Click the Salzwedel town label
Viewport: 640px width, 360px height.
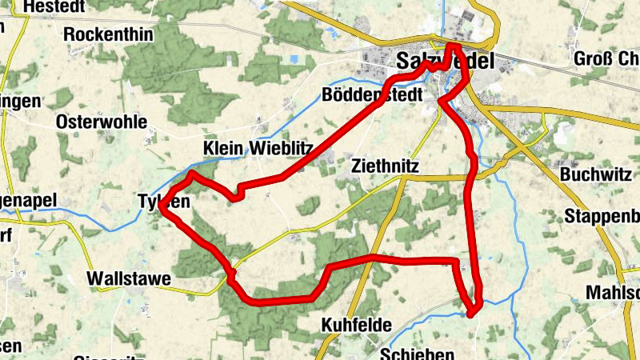click(x=445, y=61)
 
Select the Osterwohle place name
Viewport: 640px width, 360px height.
click(x=102, y=122)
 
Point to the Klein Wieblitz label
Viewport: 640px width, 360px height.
click(x=258, y=148)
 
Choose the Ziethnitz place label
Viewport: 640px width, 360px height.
click(x=385, y=166)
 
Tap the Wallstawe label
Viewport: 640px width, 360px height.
click(x=129, y=279)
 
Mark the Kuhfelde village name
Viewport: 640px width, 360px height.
click(x=356, y=325)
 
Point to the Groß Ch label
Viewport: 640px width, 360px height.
click(x=606, y=58)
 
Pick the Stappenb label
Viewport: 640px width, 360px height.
click(x=602, y=215)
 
